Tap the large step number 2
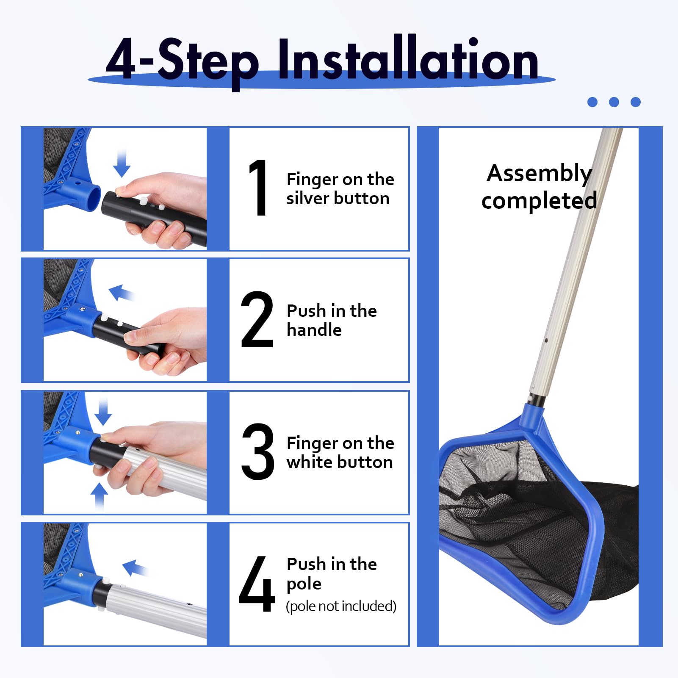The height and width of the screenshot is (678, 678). coord(257,319)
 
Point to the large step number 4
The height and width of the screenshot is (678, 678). coord(257,584)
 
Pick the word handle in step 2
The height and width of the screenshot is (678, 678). coord(314,329)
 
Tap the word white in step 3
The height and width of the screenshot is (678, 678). coord(310,462)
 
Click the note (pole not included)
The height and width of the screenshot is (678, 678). coord(341,606)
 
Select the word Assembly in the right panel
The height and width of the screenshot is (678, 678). coord(539,174)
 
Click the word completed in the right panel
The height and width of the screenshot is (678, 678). coord(539,201)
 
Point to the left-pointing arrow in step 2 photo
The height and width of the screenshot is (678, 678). coord(122,293)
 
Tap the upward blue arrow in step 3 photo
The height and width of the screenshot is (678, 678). coord(100,496)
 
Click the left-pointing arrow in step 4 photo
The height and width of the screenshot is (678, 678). coord(136,568)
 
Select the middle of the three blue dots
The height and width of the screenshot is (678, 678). coord(614,102)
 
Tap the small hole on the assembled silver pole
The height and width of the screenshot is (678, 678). coord(547,340)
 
